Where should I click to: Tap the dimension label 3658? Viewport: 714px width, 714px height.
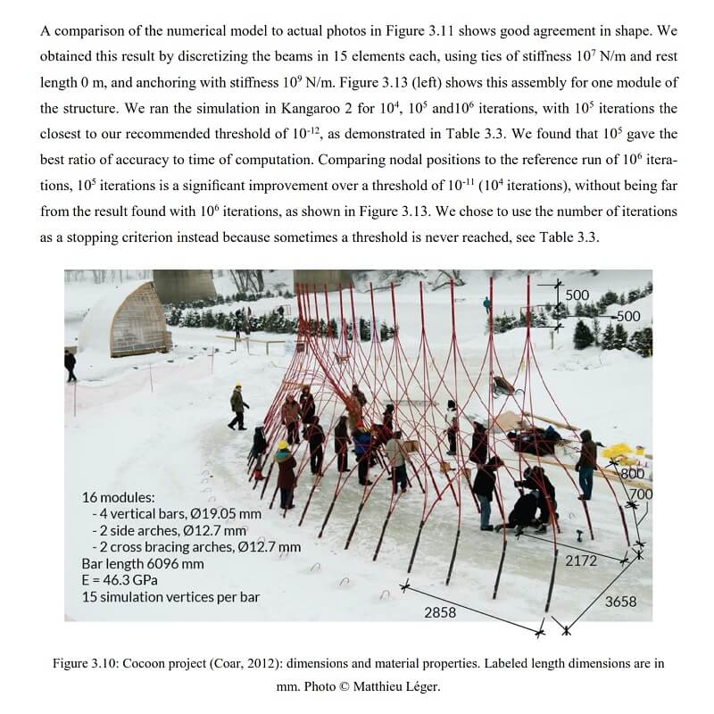[x=620, y=602]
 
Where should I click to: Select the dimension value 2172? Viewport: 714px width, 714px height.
[x=581, y=561]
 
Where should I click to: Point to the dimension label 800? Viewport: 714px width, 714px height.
[x=633, y=474]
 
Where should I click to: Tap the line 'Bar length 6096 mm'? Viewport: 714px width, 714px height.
[x=143, y=563]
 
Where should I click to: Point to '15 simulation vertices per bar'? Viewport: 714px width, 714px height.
[x=170, y=596]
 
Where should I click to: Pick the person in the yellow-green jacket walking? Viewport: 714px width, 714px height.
[x=237, y=406]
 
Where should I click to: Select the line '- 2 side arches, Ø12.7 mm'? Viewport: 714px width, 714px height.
[x=169, y=530]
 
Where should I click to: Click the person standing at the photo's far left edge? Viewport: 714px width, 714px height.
[x=71, y=364]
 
